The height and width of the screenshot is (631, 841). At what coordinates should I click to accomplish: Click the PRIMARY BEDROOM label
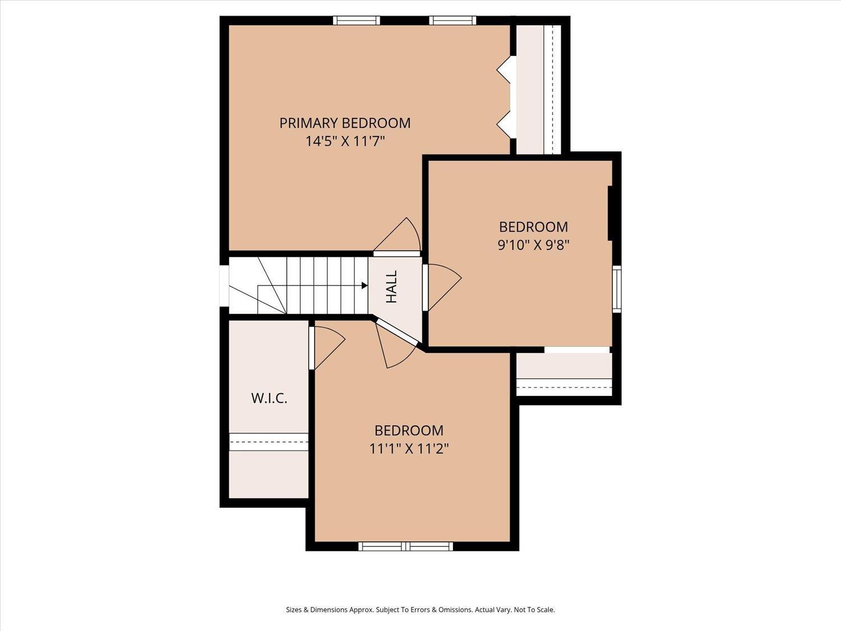pyautogui.click(x=345, y=123)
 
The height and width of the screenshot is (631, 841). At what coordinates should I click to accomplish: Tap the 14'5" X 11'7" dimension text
pyautogui.click(x=345, y=141)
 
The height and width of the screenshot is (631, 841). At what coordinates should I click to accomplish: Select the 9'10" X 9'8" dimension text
pyautogui.click(x=533, y=245)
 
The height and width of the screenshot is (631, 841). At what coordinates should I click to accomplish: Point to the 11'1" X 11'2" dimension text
pyautogui.click(x=409, y=449)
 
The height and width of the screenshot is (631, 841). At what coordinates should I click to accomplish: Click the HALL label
pyautogui.click(x=391, y=287)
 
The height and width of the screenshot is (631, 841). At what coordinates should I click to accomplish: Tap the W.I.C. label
pyautogui.click(x=269, y=398)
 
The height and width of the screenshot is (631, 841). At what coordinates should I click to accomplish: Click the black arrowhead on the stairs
pyautogui.click(x=365, y=285)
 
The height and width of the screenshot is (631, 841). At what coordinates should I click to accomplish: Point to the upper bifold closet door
pyautogui.click(x=505, y=70)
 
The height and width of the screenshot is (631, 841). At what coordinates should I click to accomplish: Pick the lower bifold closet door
pyautogui.click(x=505, y=125)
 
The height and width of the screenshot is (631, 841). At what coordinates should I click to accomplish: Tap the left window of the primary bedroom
pyautogui.click(x=357, y=20)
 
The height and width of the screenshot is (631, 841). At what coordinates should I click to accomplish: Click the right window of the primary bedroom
pyautogui.click(x=452, y=20)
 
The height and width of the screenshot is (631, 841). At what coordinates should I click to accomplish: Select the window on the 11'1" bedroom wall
pyautogui.click(x=406, y=546)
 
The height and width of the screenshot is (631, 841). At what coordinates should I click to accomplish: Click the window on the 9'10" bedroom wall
pyautogui.click(x=617, y=289)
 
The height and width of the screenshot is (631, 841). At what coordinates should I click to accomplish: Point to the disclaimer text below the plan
pyautogui.click(x=420, y=610)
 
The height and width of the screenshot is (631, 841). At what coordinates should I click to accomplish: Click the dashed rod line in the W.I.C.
pyautogui.click(x=269, y=442)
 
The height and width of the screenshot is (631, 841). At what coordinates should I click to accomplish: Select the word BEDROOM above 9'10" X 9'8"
pyautogui.click(x=533, y=227)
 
